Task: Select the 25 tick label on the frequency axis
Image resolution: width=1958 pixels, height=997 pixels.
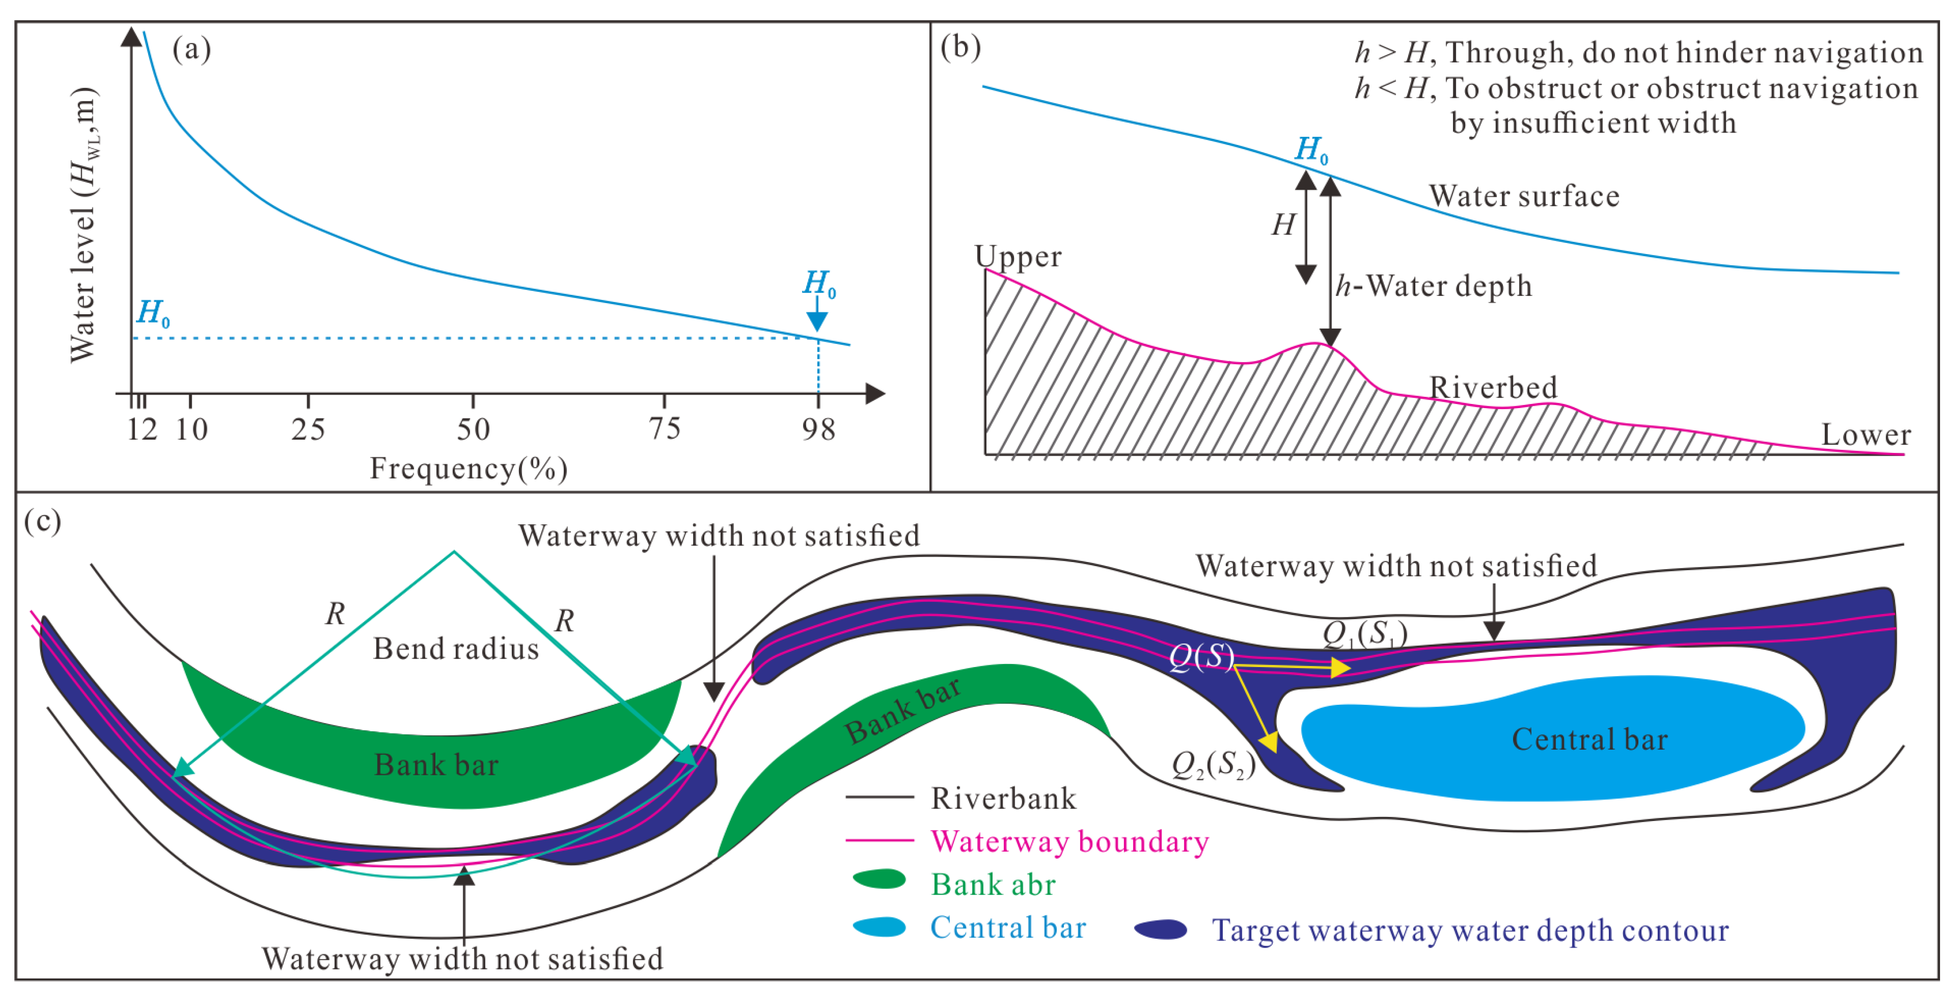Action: point(308,430)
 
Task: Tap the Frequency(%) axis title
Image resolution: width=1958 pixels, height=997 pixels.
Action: point(468,469)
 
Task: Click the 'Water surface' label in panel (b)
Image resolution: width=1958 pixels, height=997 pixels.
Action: point(1524,196)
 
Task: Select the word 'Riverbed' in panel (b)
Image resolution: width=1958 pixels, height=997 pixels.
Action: point(1493,387)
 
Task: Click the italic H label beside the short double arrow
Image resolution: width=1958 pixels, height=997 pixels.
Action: point(1284,225)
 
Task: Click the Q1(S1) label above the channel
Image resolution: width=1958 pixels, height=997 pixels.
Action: point(1365,633)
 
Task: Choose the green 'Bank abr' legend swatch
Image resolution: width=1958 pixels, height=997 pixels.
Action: point(879,879)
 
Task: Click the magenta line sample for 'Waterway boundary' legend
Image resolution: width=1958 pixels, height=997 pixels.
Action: point(879,840)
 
